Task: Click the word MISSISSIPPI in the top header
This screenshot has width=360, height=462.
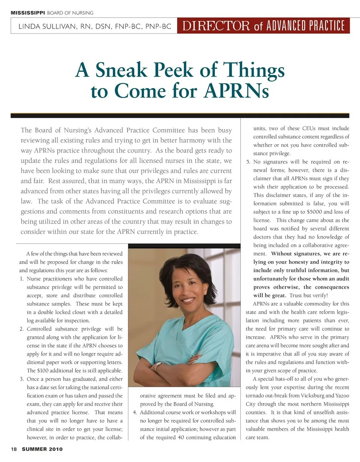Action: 27,13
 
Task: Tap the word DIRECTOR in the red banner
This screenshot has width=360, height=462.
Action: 216,26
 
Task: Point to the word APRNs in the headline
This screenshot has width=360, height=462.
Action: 237,91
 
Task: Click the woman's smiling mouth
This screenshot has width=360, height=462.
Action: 188,300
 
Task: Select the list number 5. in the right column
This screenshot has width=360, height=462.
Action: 248,162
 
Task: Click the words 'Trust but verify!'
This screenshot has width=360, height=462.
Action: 309,295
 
